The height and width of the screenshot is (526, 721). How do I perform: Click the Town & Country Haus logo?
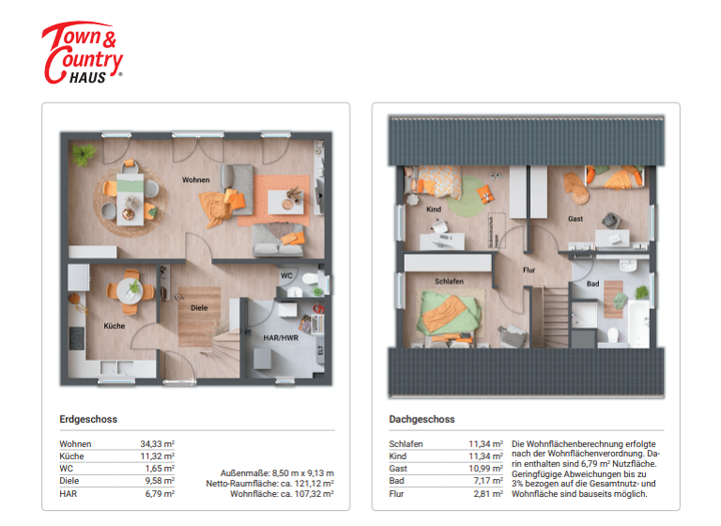click(83, 54)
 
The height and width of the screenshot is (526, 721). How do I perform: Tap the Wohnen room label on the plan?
click(195, 178)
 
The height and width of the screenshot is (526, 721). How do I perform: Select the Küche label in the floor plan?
click(115, 326)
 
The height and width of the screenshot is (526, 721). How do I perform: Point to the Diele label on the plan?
click(198, 307)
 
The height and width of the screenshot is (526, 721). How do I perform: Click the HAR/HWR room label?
click(283, 335)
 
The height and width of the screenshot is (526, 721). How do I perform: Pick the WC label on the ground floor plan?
click(286, 275)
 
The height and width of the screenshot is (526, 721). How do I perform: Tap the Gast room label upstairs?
click(575, 219)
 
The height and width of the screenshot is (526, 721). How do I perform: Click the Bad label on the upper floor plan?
click(592, 283)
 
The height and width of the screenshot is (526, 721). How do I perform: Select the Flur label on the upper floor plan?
click(529, 269)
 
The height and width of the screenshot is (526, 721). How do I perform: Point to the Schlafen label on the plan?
click(449, 281)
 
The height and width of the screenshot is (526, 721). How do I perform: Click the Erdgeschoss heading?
click(88, 419)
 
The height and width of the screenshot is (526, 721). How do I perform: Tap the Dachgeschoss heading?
click(422, 419)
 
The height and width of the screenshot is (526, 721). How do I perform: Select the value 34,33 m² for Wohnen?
click(158, 443)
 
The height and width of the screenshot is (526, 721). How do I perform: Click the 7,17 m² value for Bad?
click(486, 481)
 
